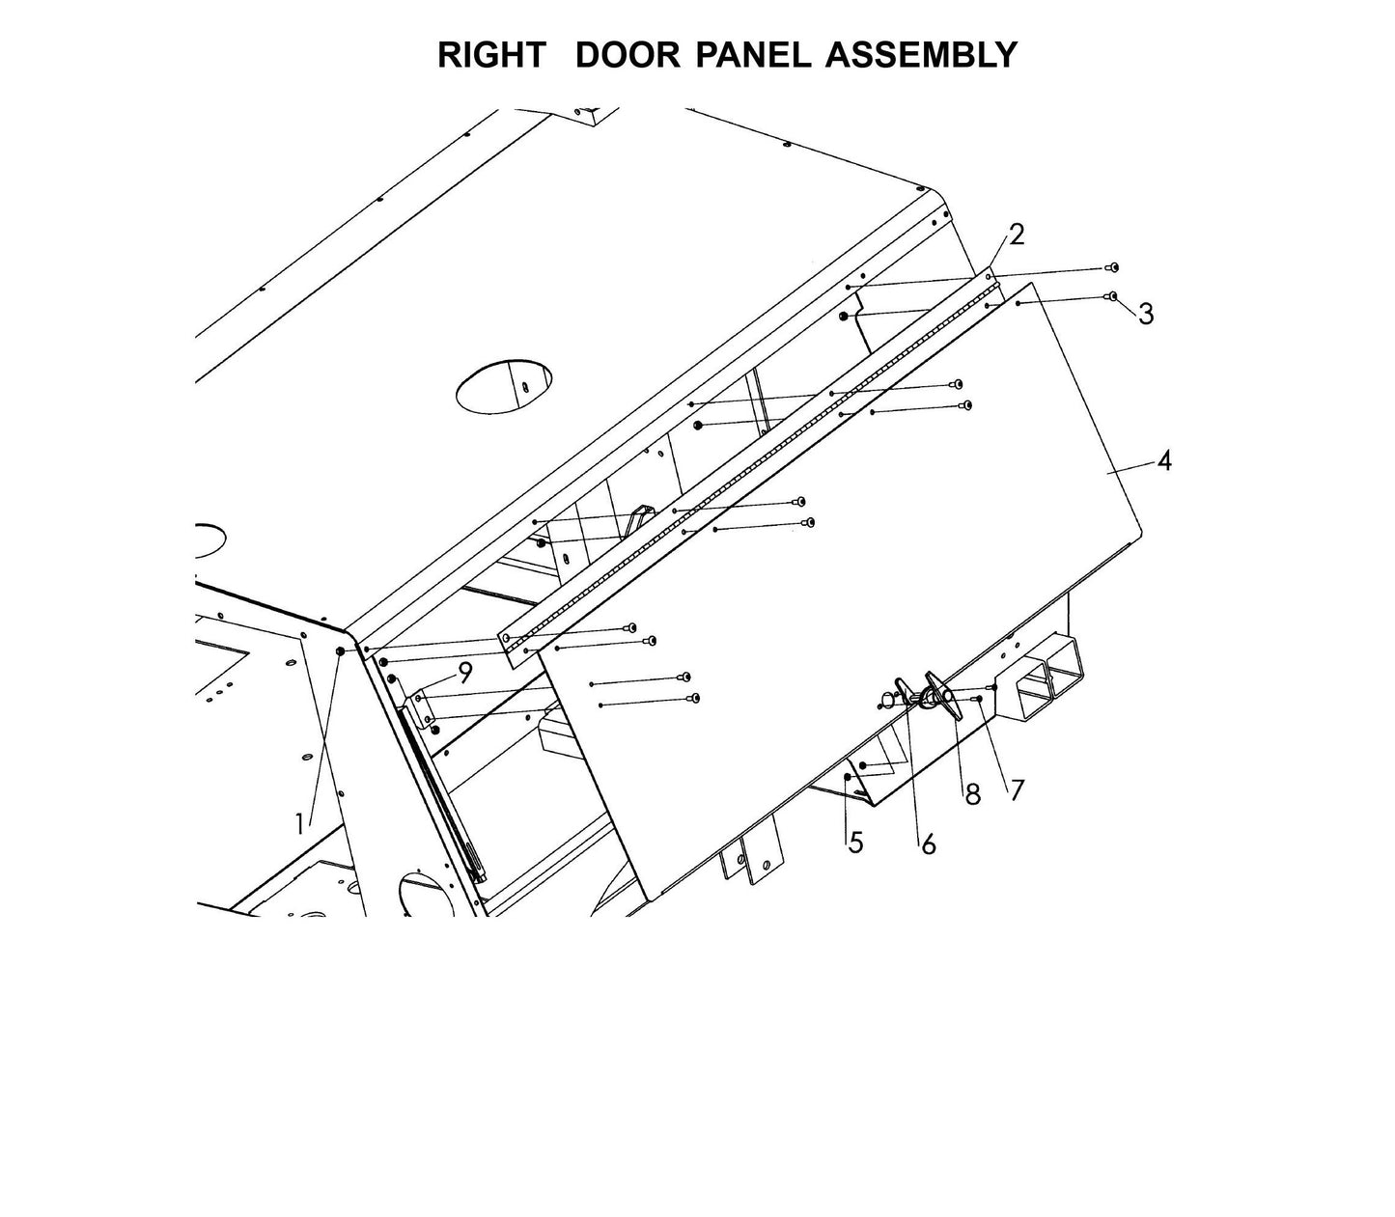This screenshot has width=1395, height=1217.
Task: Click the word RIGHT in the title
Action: (490, 55)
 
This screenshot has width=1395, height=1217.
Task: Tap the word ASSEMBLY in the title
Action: (921, 55)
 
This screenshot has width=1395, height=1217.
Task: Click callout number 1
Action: (300, 823)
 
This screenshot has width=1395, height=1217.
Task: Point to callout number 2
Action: (1016, 235)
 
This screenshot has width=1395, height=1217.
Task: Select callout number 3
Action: (1146, 314)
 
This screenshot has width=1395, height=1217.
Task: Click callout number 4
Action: (1164, 461)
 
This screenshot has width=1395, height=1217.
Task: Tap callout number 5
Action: (855, 843)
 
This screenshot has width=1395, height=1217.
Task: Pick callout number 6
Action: (928, 844)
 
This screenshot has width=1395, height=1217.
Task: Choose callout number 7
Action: (1016, 789)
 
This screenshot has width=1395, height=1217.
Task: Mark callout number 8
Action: (972, 794)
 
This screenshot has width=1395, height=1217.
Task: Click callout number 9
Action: (465, 673)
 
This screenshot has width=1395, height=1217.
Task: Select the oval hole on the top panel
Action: (504, 388)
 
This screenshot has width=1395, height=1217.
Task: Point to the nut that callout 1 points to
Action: (340, 653)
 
